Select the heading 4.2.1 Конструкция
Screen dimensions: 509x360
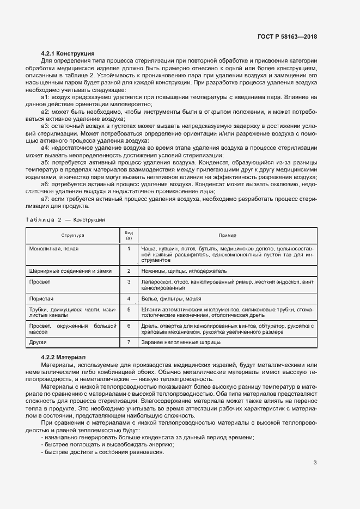68,53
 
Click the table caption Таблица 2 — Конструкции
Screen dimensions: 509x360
65,219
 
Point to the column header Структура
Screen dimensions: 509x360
72,235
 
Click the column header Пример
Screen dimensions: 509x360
227,235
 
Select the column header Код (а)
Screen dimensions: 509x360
129,235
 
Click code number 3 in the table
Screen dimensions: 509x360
129,281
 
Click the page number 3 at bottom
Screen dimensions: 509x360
315,463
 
